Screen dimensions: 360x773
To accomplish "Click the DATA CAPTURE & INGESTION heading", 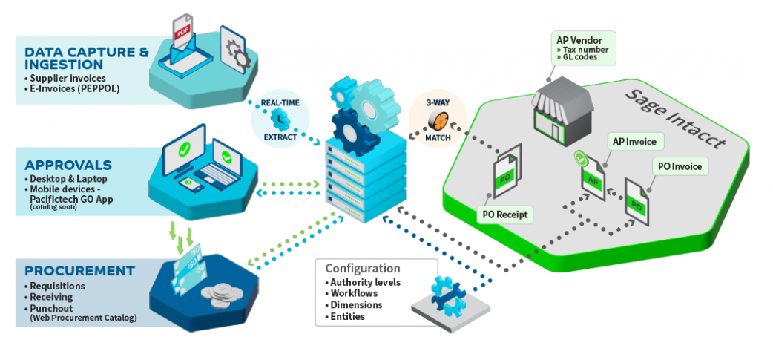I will pyautogui.click(x=86, y=59).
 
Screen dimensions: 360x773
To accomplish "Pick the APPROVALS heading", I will pyautogui.click(x=68, y=165).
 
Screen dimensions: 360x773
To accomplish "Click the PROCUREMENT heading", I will pyautogui.click(x=79, y=270).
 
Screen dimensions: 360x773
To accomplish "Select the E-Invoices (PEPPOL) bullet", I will pyautogui.click(x=71, y=89).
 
